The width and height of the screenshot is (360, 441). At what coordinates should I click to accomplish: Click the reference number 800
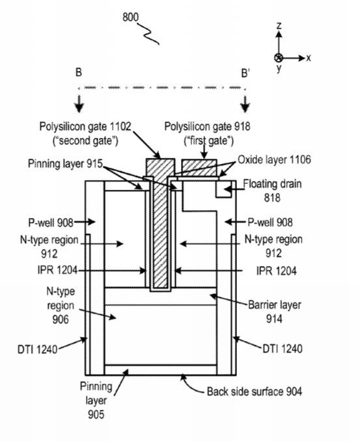click(131, 17)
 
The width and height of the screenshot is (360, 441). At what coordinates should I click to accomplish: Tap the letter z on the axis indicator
click(279, 25)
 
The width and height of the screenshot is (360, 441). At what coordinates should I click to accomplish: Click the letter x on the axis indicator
click(309, 59)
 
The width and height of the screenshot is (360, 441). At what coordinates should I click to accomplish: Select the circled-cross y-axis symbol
click(279, 58)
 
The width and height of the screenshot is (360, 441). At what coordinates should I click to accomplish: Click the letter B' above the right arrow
click(245, 73)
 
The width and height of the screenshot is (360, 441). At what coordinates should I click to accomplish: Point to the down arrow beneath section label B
click(79, 104)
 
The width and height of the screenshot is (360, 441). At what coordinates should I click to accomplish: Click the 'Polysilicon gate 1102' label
click(85, 127)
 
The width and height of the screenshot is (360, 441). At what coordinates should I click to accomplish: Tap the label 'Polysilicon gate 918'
click(208, 127)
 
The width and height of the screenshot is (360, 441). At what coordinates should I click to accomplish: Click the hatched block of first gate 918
click(199, 168)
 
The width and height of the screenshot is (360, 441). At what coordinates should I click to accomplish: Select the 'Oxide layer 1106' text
click(275, 159)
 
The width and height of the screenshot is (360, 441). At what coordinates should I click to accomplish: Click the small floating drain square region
click(224, 189)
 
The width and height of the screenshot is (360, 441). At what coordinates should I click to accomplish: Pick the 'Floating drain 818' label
click(272, 191)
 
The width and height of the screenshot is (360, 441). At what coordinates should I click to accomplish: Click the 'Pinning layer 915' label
click(65, 163)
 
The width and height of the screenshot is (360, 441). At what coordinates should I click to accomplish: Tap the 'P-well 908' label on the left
click(51, 222)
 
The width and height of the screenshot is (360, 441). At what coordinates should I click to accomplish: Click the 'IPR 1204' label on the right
click(277, 271)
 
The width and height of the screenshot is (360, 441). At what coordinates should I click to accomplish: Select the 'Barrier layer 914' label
click(275, 312)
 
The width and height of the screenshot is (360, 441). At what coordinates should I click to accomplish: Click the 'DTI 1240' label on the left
click(38, 349)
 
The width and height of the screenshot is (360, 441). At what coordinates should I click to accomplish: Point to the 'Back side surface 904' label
click(255, 392)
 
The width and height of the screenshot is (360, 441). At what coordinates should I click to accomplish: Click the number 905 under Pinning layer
click(96, 414)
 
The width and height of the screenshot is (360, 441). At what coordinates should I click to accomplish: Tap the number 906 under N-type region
click(61, 319)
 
